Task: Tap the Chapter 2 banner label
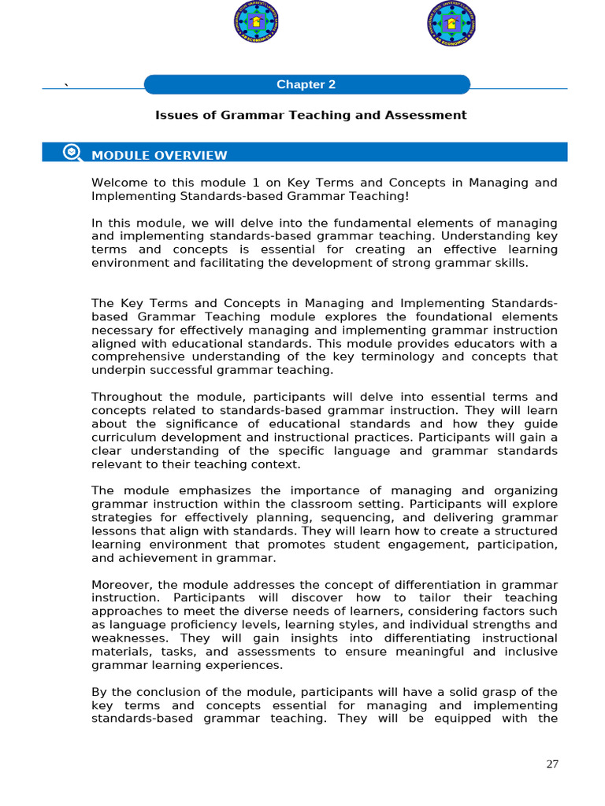306,85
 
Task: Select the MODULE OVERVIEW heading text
159,156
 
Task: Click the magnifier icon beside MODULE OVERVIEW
72,153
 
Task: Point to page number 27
552,764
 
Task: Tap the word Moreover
119,585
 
